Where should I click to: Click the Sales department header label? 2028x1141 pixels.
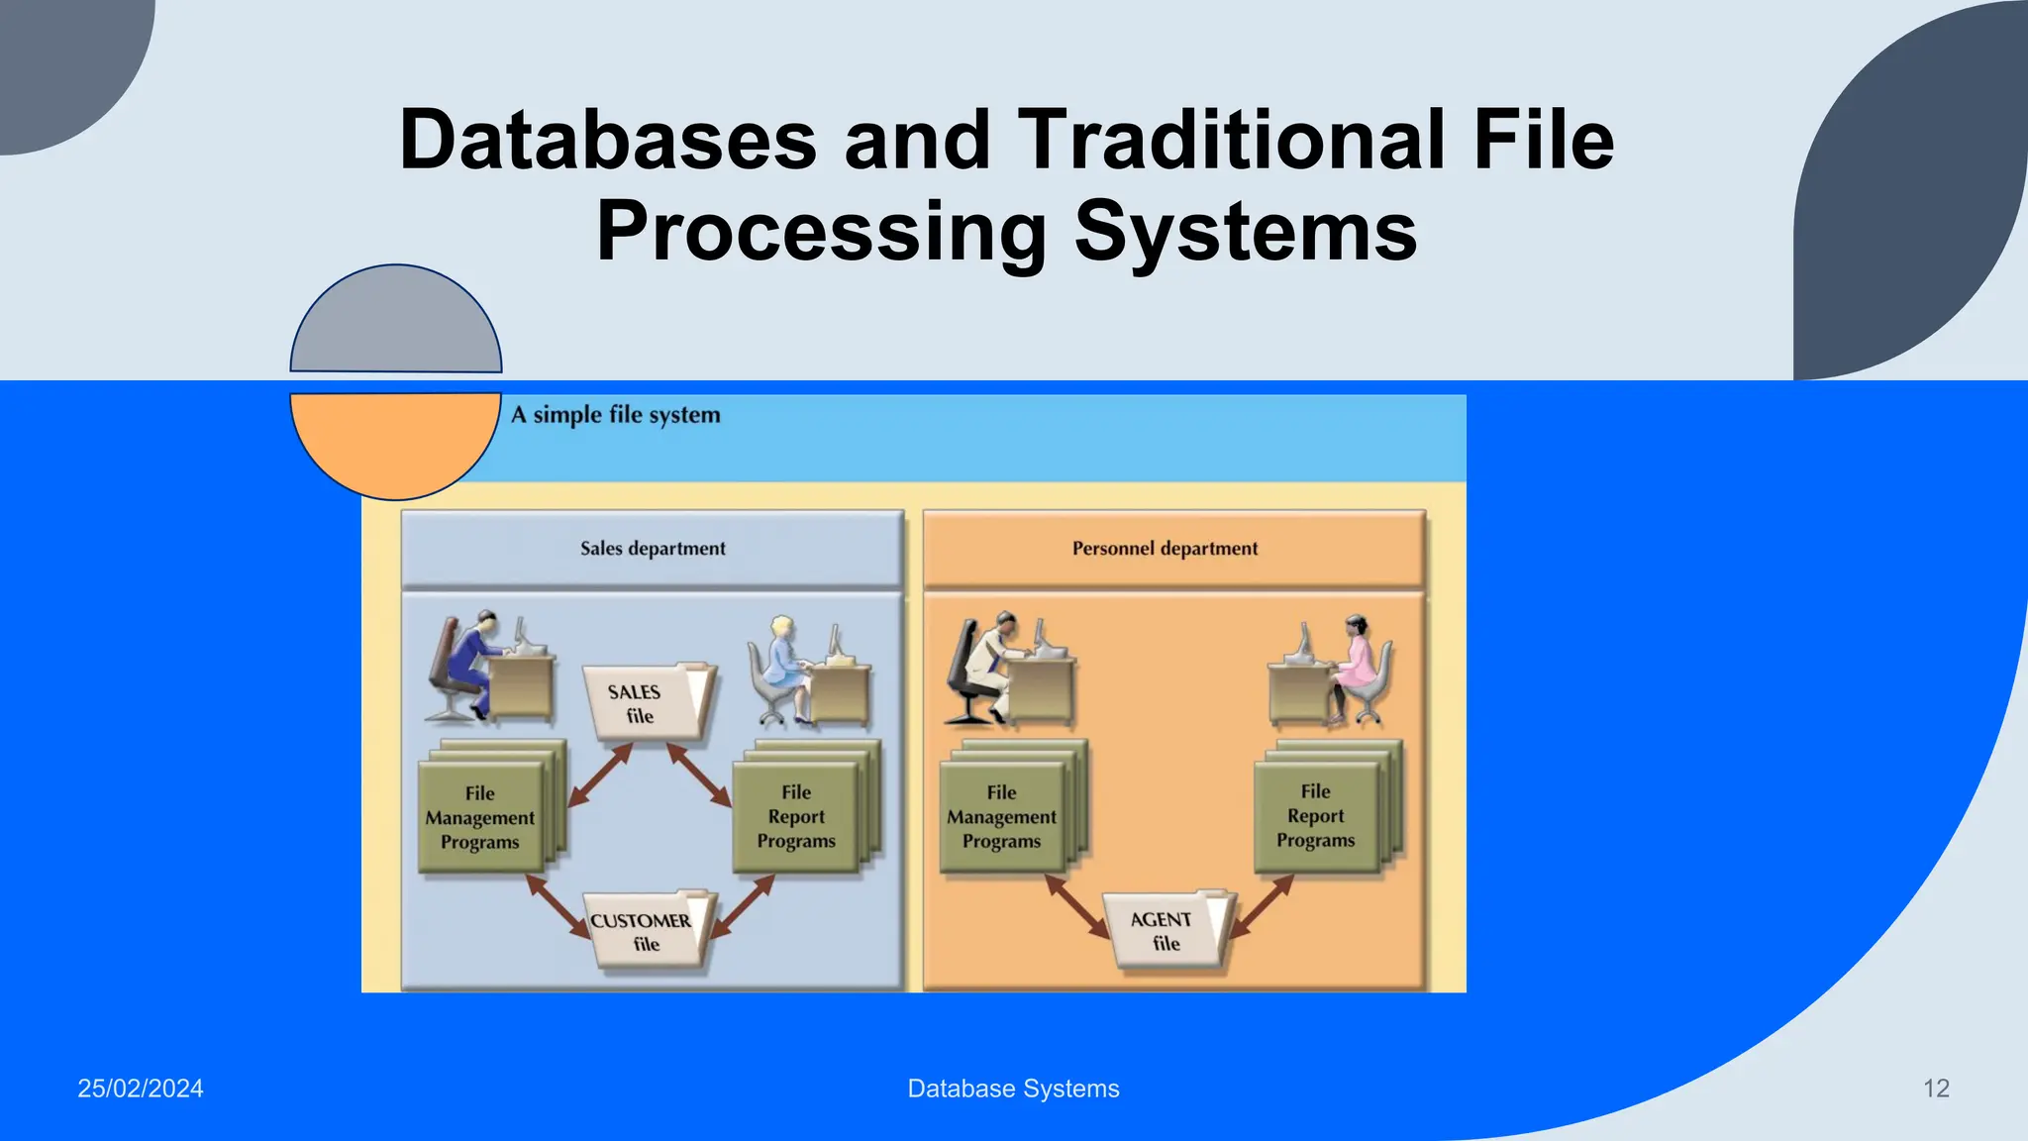[653, 549]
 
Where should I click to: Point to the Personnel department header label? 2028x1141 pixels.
[1165, 549]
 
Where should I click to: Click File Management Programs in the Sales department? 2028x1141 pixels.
[480, 818]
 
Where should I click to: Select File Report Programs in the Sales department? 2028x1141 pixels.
[796, 817]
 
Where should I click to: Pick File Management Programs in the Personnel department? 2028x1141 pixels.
[1001, 817]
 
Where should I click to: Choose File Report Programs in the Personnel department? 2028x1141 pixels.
[1315, 816]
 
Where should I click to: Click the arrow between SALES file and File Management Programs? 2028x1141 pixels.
[600, 775]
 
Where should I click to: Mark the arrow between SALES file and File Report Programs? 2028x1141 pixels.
[699, 774]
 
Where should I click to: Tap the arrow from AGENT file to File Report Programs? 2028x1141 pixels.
[1262, 906]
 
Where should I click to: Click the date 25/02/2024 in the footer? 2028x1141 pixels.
[141, 1089]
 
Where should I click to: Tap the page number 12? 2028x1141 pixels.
[1936, 1089]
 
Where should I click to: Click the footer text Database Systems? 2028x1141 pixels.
[1013, 1089]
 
